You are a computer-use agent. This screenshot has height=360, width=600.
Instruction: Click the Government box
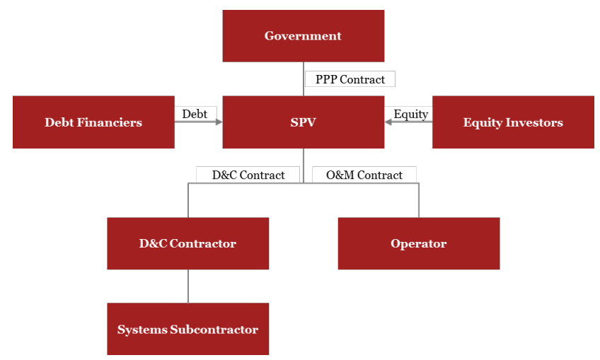303,36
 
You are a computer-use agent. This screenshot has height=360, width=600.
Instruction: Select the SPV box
303,122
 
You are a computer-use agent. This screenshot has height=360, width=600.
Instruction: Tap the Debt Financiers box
93,122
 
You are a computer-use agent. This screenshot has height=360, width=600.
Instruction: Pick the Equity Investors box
513,122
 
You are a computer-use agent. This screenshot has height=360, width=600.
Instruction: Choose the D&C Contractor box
187,243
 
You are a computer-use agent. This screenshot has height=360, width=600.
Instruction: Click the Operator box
418,243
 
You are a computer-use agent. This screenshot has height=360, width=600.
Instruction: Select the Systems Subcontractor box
187,330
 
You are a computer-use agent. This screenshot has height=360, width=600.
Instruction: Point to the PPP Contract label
350,79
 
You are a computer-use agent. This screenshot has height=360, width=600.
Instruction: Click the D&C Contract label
248,175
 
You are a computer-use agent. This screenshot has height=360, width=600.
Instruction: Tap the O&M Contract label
364,175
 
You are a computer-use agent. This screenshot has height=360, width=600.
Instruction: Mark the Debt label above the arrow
195,114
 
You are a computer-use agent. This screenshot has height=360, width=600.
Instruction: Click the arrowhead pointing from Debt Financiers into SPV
218,122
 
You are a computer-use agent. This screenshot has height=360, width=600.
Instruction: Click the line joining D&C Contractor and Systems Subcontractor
188,286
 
